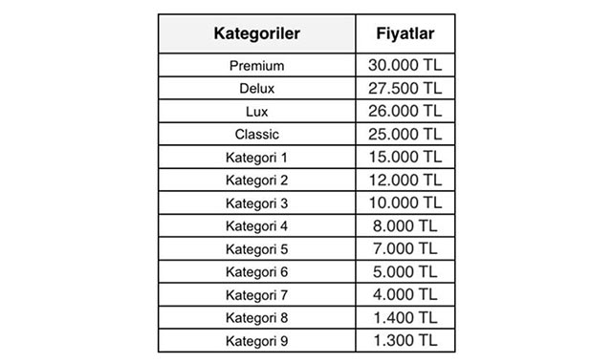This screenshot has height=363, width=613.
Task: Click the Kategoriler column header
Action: pos(256,34)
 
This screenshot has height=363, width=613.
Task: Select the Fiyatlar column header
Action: pos(405,34)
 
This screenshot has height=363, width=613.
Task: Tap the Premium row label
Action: pos(256,66)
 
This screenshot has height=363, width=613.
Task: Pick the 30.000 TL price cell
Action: pos(405,65)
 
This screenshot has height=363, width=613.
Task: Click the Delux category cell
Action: pos(256,89)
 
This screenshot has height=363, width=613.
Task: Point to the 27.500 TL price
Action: pos(405,88)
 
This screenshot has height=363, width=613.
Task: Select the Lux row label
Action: pos(256,112)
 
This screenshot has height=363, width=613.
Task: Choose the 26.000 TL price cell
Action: pos(405,111)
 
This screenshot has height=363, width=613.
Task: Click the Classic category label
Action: pos(256,135)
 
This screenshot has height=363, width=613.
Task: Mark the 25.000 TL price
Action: pos(405,134)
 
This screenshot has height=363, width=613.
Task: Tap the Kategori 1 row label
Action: pos(256,158)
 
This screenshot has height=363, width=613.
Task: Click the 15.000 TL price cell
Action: pos(405,157)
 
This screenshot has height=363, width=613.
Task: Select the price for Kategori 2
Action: pos(405,180)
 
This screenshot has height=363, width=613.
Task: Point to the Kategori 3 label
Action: pos(256,203)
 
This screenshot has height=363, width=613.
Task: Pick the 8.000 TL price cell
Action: pos(405,225)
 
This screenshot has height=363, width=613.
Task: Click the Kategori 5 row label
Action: pos(256,249)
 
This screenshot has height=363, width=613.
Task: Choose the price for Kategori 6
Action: pos(405,271)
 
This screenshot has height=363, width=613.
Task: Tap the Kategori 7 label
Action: pos(256,295)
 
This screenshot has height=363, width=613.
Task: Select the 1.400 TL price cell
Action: pos(405,317)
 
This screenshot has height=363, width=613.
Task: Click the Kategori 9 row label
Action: pos(256,341)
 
